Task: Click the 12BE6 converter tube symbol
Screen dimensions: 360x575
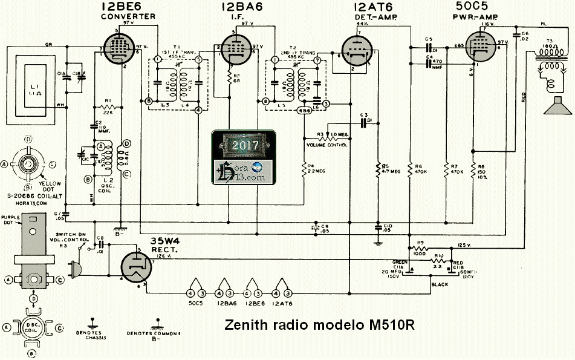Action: (114, 48)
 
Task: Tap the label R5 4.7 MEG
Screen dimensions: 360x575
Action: (387, 166)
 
